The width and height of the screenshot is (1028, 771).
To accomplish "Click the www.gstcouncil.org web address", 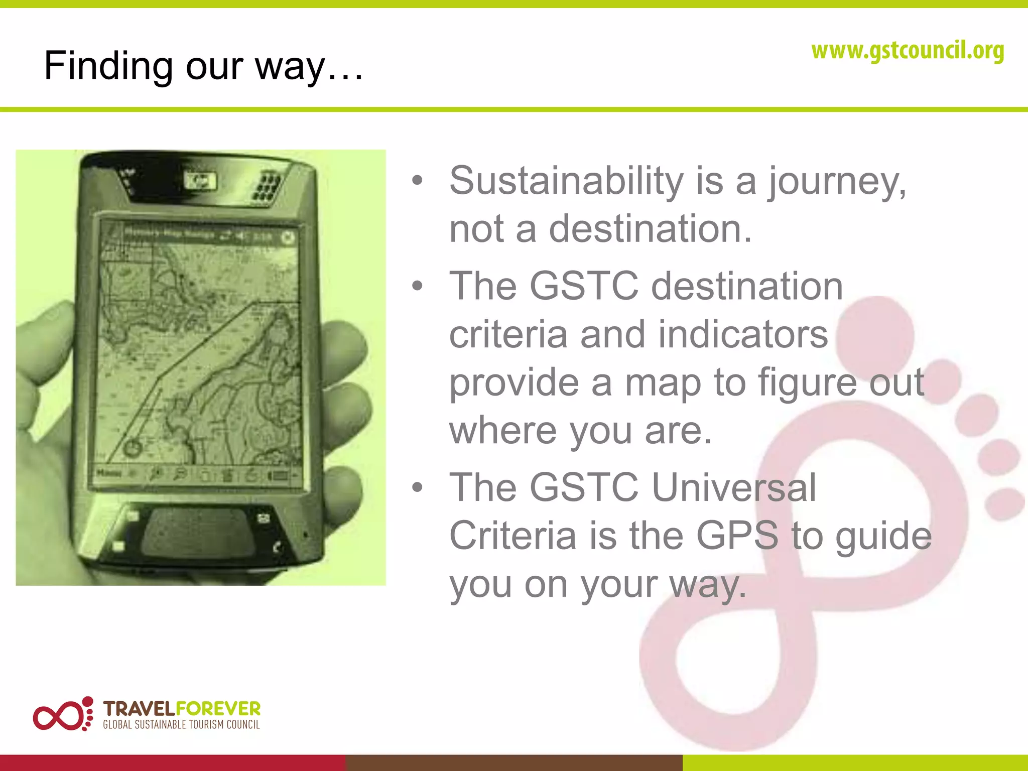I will pyautogui.click(x=908, y=51).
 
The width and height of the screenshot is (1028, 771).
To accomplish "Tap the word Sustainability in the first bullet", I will pyautogui.click(x=566, y=181).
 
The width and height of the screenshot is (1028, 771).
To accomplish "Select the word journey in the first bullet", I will pyautogui.click(x=837, y=182).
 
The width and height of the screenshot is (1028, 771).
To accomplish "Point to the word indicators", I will pyautogui.click(x=743, y=334).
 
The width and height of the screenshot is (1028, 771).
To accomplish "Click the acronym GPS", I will pyautogui.click(x=737, y=536).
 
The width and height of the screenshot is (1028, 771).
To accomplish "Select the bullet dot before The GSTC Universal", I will pyautogui.click(x=417, y=487).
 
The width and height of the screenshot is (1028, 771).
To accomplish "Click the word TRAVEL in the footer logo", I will pyautogui.click(x=139, y=709).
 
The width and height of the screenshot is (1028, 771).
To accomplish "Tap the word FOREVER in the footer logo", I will pyautogui.click(x=218, y=709).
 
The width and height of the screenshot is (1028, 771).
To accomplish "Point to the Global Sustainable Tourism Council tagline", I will pyautogui.click(x=181, y=725).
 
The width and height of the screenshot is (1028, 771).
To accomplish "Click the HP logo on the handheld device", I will pyautogui.click(x=200, y=181).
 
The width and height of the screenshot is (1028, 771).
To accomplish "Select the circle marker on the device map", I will pyautogui.click(x=133, y=447).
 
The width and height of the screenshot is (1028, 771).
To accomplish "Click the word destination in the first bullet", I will pyautogui.click(x=650, y=229).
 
